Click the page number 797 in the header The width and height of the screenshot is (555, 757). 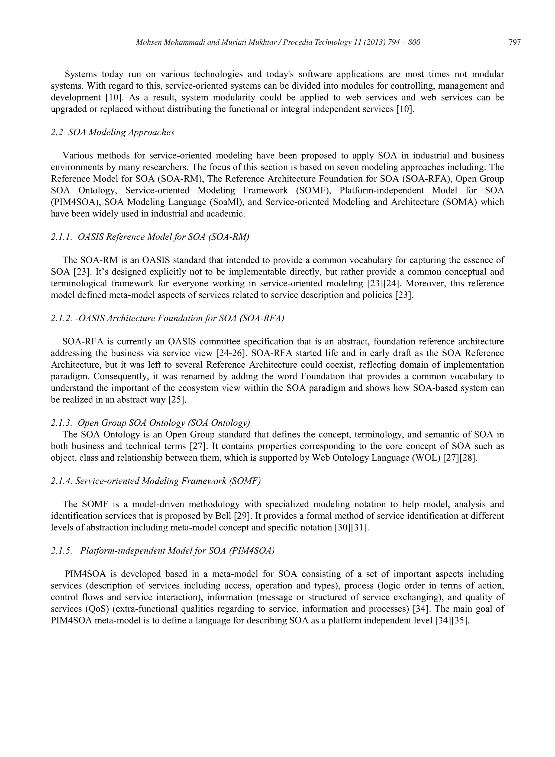pos(515,42)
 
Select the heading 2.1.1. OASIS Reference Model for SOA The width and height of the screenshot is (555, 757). pos(150,237)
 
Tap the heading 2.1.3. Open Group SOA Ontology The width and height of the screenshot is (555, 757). pos(150,423)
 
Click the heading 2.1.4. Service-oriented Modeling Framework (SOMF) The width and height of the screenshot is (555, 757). pos(156,481)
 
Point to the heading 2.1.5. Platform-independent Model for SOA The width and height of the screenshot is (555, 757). pos(163,551)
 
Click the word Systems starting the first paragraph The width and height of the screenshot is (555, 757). pos(81,74)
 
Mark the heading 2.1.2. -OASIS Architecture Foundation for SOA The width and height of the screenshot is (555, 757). pos(167,318)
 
